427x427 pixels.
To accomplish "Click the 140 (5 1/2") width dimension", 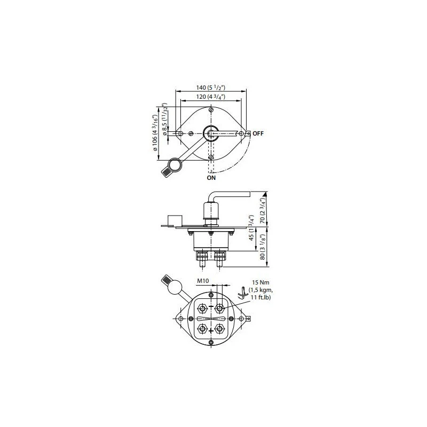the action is [211, 88].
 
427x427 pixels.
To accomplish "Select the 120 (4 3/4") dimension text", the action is [211, 97].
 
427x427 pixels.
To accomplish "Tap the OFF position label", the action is [258, 133].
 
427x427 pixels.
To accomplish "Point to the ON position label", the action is [211, 178].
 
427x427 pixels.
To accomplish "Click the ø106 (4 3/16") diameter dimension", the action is [155, 133].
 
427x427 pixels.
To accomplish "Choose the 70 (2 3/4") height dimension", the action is [262, 211].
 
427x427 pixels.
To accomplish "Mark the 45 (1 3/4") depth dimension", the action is [251, 228].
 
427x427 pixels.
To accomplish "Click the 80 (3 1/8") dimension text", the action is [262, 247].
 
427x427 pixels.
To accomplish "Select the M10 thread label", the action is [203, 281].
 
